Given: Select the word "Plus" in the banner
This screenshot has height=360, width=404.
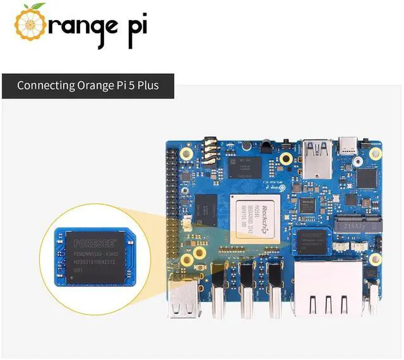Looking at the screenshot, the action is pos(157,84).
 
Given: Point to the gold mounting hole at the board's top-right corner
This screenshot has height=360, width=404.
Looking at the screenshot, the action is pos(375,153).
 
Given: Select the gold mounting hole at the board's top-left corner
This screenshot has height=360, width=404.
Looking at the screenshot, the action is pos(187,153).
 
